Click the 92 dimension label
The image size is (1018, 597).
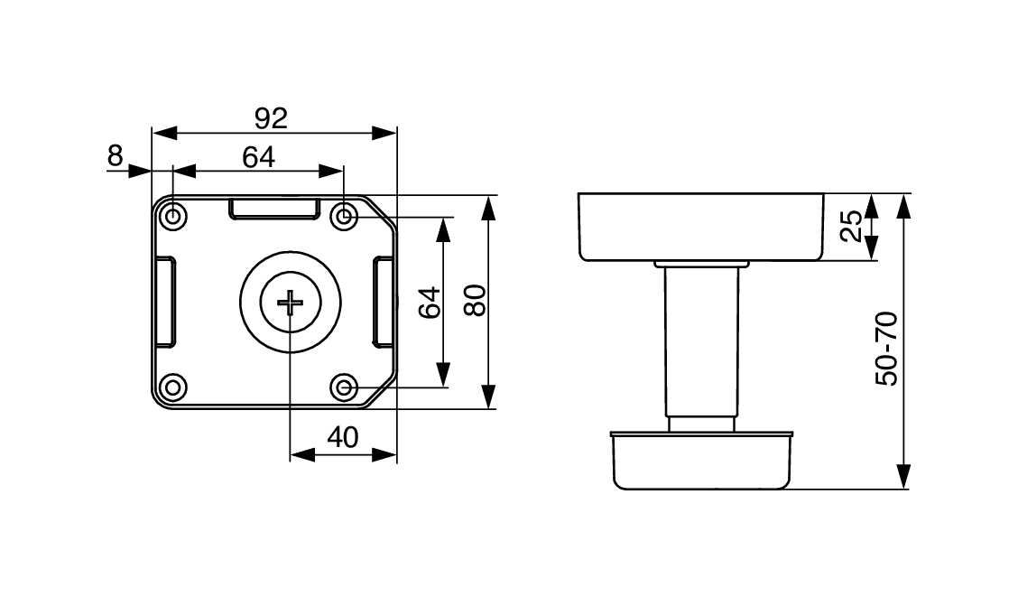tap(271, 118)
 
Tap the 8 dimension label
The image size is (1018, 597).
tap(115, 156)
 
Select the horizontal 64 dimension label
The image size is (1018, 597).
tap(258, 157)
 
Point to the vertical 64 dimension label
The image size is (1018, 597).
tap(430, 302)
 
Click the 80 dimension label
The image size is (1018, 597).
tap(476, 300)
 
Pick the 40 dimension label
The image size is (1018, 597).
tap(343, 438)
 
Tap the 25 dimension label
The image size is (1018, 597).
tap(852, 226)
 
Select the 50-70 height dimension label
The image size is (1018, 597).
tap(887, 349)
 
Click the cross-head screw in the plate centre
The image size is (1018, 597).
tap(291, 302)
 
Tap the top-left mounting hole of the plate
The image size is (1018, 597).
tap(172, 216)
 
